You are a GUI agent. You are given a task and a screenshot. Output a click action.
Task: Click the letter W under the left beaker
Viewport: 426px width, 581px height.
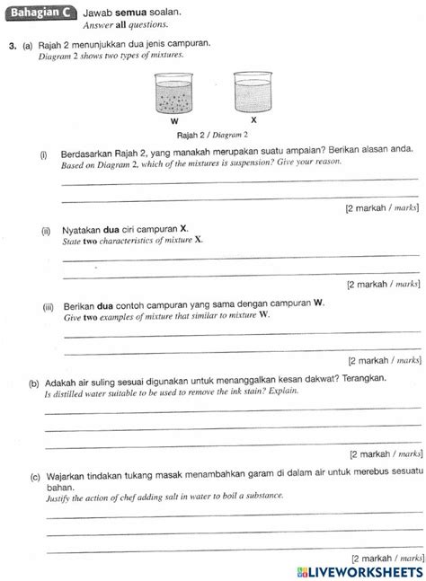tap(173, 119)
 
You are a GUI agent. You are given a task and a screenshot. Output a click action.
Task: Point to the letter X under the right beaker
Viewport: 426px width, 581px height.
tap(253, 119)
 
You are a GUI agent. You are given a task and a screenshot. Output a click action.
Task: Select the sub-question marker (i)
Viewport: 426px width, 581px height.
tap(45, 154)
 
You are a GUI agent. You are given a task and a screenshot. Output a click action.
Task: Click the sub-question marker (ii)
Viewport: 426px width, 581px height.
tap(46, 229)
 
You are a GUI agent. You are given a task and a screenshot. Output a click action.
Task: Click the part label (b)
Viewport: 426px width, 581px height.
tap(33, 379)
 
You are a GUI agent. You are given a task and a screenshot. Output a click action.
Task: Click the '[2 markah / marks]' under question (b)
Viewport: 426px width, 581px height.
tap(383, 455)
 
